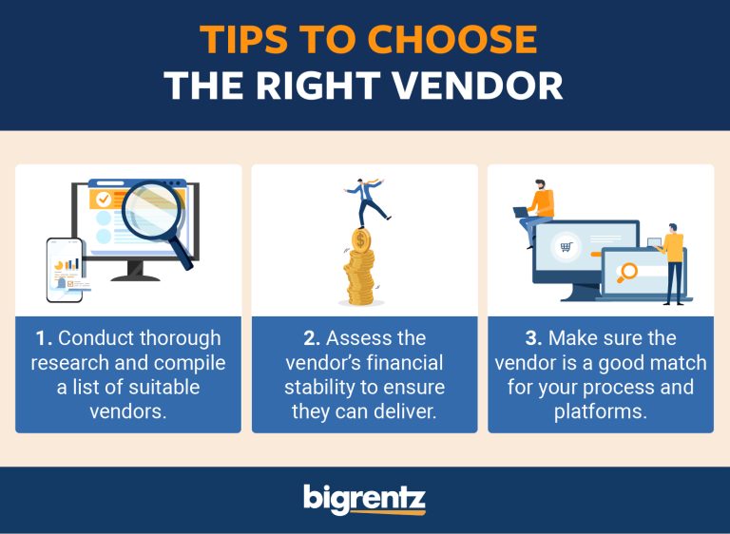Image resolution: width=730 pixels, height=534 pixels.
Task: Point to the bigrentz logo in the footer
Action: pyautogui.click(x=365, y=499)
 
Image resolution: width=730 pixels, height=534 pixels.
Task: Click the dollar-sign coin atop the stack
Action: pyautogui.click(x=360, y=238)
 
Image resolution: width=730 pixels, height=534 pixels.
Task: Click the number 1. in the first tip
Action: pyautogui.click(x=44, y=338)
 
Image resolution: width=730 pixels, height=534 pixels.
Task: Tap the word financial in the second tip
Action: pyautogui.click(x=404, y=363)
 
